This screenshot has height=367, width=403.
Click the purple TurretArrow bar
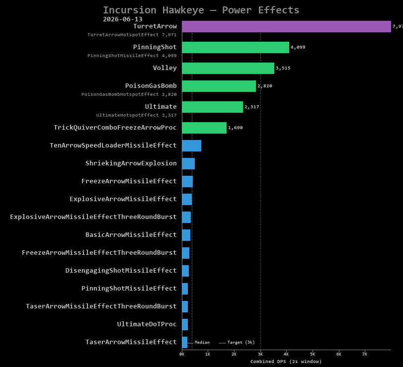tap(286, 26)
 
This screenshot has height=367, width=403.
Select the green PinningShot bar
tap(236, 47)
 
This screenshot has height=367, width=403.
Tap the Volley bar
tap(228, 68)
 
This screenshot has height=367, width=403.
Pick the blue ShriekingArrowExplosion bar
tap(188, 163)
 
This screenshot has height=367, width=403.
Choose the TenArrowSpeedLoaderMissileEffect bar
tap(191, 146)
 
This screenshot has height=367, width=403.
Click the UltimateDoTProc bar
tap(185, 324)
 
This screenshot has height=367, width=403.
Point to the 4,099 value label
tap(298, 47)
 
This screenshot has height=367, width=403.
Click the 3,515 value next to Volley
tap(283, 68)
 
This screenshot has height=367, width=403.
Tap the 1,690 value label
tap(235, 128)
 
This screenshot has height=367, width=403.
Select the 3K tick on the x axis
tap(260, 354)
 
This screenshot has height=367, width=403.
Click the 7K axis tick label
tap(364, 354)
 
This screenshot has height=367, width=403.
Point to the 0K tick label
tap(182, 354)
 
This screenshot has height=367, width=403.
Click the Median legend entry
tap(198, 342)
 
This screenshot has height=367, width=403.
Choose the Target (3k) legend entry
tap(237, 342)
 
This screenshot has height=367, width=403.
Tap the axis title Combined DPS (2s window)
tap(286, 362)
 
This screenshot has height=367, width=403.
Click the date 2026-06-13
tap(123, 19)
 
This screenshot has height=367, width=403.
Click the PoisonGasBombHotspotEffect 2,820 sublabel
tap(129, 94)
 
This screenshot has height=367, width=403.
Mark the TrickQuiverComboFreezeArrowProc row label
tap(115, 128)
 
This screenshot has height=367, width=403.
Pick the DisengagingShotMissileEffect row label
tap(121, 271)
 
